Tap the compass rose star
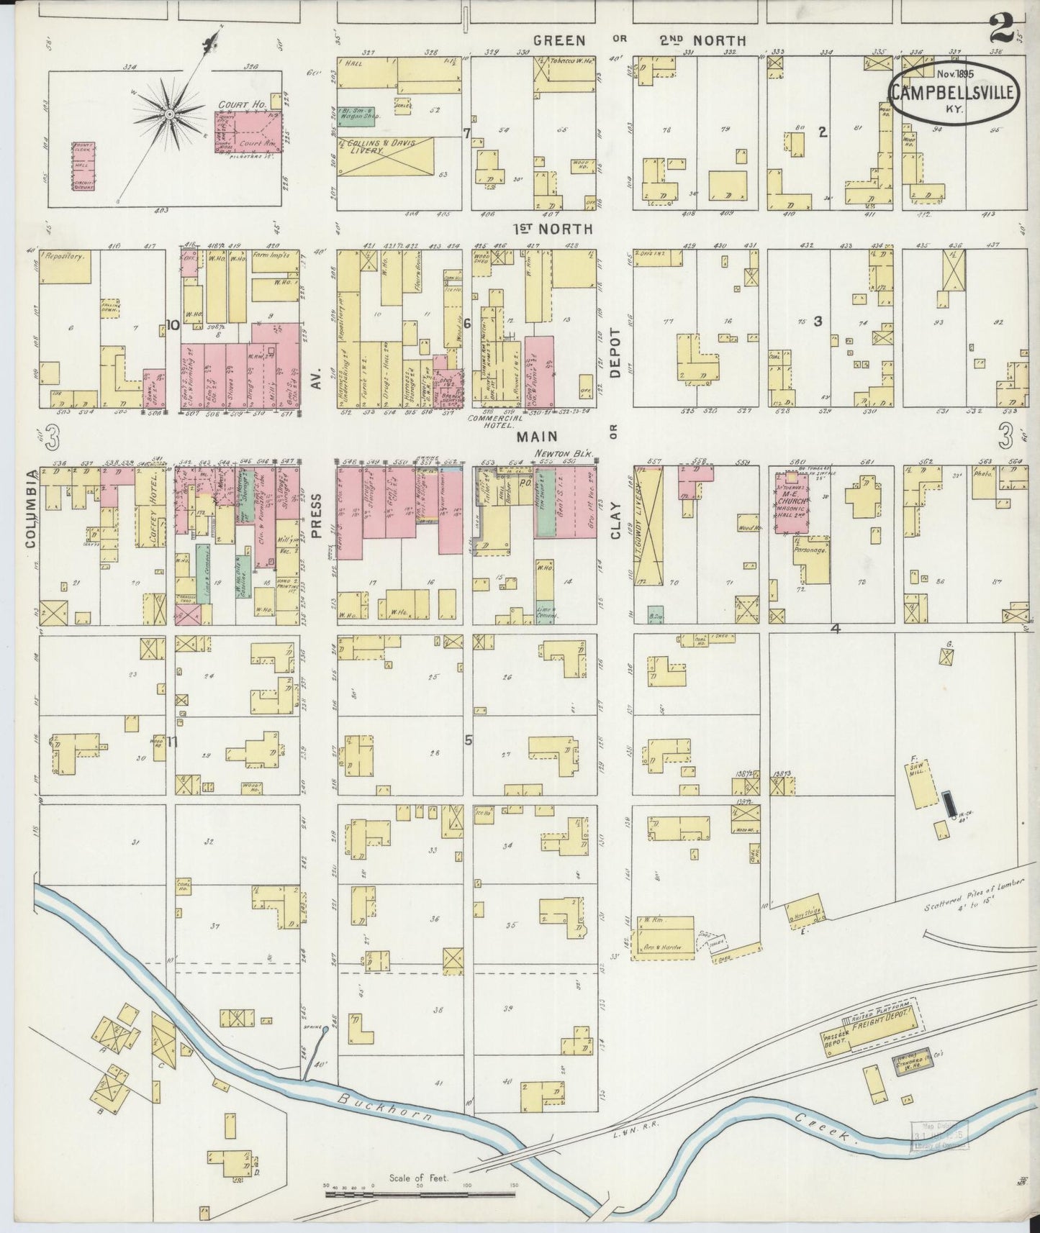click(x=169, y=114)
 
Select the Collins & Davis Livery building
click(x=387, y=155)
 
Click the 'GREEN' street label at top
click(x=559, y=41)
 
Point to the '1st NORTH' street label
click(x=552, y=229)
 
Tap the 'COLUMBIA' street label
click(x=31, y=509)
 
